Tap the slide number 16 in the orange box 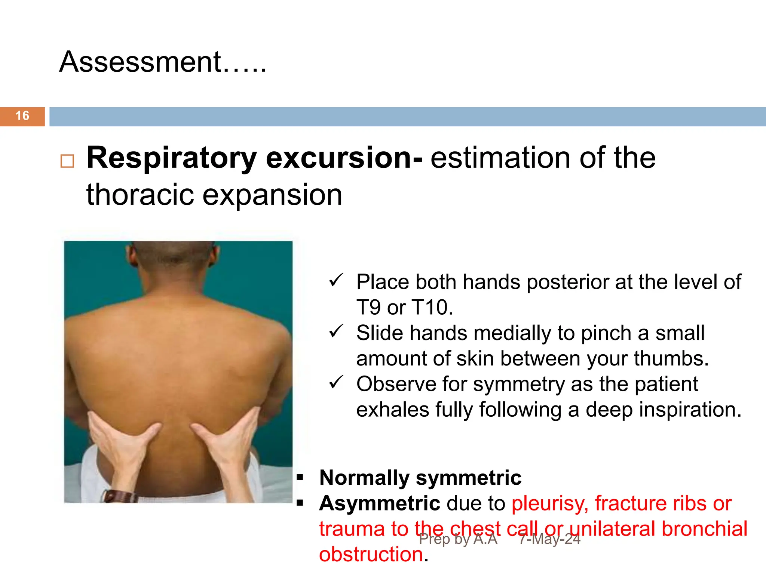tap(22, 116)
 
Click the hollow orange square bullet tap(67, 161)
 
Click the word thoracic tap(140, 194)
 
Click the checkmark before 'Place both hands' tap(336, 280)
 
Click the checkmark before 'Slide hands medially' tap(336, 331)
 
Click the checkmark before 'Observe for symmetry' tap(336, 382)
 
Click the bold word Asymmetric tap(380, 503)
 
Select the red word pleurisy tap(550, 504)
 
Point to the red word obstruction tap(371, 554)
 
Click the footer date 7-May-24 tap(549, 539)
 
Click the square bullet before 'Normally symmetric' tap(300, 478)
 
